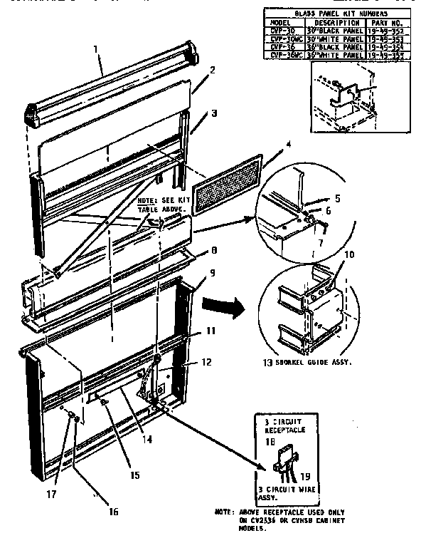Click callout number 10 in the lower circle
[x=329, y=254]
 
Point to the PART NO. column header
[x=385, y=23]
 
